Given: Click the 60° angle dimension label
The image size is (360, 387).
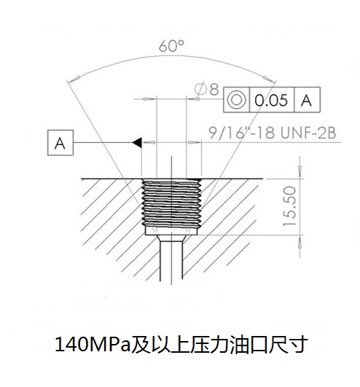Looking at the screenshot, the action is (x=171, y=46).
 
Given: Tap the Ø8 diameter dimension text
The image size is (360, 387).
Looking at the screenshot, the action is (x=206, y=89).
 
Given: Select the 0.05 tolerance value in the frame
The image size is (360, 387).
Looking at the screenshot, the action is (x=271, y=100).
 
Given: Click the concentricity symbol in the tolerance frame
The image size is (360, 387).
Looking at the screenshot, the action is (x=236, y=100).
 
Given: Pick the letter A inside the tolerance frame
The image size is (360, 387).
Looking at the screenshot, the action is (x=307, y=101).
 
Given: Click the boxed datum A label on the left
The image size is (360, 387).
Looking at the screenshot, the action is (x=60, y=143).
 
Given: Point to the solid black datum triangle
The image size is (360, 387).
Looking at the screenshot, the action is (x=137, y=142).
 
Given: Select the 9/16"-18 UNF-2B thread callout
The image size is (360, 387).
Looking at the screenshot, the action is (x=273, y=133).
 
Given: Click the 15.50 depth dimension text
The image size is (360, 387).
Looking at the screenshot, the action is (x=290, y=206).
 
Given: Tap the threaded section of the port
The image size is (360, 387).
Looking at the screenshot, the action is (x=171, y=203).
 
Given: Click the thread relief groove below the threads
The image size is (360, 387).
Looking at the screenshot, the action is (x=171, y=231).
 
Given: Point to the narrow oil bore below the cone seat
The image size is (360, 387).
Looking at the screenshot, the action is (x=171, y=260).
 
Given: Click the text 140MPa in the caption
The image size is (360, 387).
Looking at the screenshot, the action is (x=93, y=345).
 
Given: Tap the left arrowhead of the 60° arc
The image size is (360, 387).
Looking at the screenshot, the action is (x=74, y=79).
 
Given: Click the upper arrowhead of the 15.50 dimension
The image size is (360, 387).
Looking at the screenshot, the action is (x=300, y=171).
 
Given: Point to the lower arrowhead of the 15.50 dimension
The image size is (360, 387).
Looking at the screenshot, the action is (x=300, y=242).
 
